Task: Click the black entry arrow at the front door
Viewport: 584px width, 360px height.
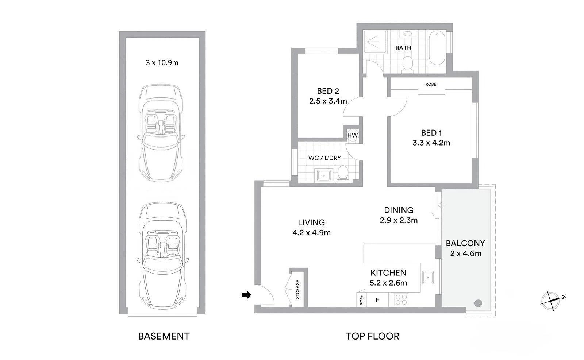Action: (x=246, y=295)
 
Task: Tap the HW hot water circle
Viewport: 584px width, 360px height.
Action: (x=353, y=135)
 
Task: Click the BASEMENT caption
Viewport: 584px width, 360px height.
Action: (x=164, y=336)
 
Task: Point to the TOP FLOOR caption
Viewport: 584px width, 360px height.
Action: (x=373, y=336)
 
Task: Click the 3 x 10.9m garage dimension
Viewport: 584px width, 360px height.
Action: (x=162, y=63)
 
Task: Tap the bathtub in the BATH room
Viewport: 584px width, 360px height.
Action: (x=437, y=48)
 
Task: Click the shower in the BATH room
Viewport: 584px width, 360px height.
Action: (x=375, y=42)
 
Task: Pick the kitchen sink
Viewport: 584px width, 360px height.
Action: (x=428, y=278)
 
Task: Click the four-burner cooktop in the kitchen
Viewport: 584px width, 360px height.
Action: (x=401, y=299)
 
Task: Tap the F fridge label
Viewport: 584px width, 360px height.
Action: (x=377, y=300)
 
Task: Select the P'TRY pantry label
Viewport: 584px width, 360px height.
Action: (x=362, y=300)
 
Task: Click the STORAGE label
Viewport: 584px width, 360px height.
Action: (x=298, y=289)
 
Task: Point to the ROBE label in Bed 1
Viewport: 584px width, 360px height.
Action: (x=431, y=84)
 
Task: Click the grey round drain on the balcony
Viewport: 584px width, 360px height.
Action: (x=478, y=303)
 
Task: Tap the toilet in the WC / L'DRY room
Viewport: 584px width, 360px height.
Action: (x=343, y=173)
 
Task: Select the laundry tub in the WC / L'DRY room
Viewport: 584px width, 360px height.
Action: (x=324, y=175)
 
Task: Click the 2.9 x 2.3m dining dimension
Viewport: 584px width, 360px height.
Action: (x=399, y=220)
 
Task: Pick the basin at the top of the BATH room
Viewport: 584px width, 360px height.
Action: (x=407, y=34)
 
